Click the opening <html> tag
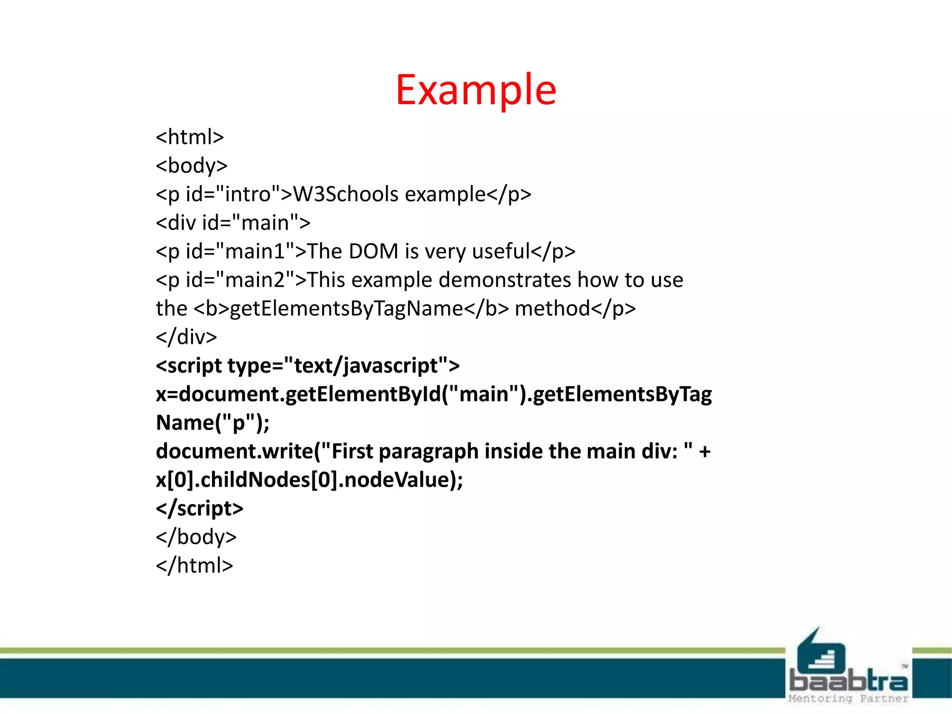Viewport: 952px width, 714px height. coord(190,137)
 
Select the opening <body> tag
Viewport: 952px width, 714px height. coord(192,165)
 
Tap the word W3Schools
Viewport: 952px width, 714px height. coord(345,194)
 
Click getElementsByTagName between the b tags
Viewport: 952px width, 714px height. coord(346,308)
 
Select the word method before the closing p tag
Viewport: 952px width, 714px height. coord(552,308)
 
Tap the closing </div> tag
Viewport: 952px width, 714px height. coord(186,337)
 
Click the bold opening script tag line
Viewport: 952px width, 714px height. coord(307,365)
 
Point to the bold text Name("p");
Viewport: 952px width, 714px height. coord(212,423)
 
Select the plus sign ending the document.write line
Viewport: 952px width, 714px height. coord(704,451)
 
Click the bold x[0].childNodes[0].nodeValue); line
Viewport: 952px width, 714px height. coord(309,480)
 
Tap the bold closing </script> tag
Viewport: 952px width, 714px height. coord(199,509)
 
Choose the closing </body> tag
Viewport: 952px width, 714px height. coord(196,537)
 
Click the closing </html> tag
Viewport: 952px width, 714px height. coord(194,566)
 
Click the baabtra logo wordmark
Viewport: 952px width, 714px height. coord(848,681)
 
